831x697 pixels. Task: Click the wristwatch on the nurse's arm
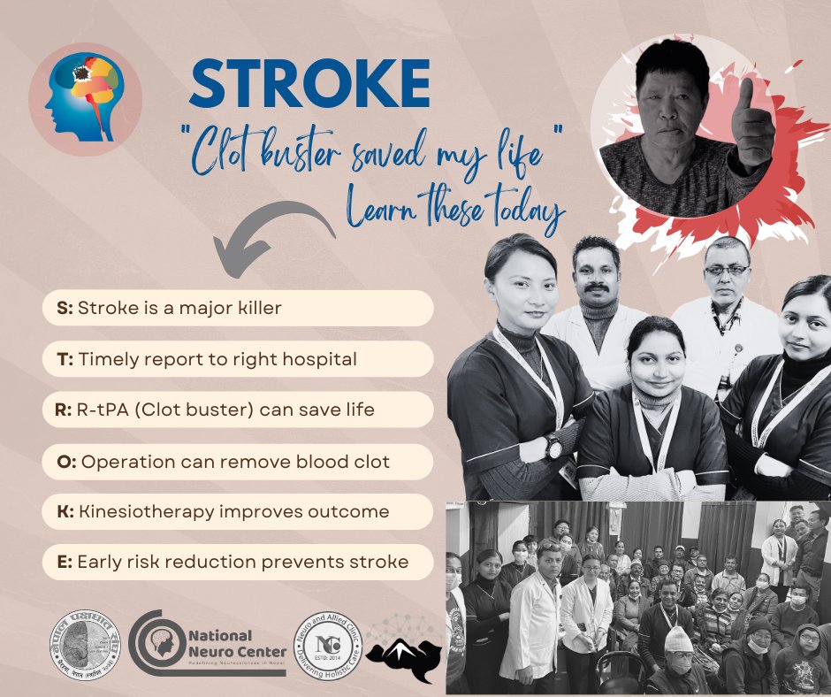tap(554, 448)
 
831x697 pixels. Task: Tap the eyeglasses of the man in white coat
tap(727, 270)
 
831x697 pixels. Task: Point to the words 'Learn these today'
tap(456, 210)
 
